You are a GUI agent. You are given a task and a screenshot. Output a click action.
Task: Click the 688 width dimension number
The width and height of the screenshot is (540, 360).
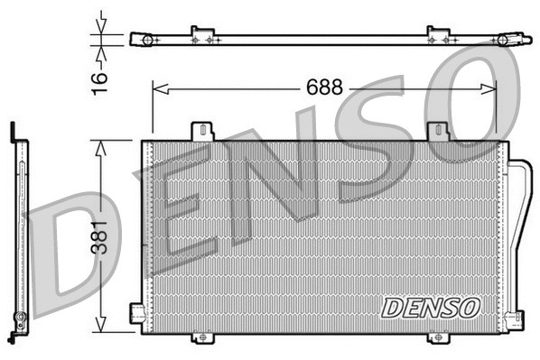[324, 88]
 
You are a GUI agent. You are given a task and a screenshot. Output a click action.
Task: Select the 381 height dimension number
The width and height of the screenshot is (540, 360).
[101, 237]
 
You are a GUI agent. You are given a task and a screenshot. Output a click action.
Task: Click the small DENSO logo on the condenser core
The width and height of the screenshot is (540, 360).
[429, 307]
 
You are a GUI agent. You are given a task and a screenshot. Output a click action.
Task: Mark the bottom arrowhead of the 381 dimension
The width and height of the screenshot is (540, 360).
[101, 329]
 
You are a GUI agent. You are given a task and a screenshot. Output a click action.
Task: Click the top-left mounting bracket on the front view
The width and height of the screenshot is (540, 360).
[202, 132]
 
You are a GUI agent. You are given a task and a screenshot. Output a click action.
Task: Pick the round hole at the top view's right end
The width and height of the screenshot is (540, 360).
[502, 40]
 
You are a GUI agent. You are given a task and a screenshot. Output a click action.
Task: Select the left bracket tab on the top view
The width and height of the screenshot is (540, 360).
[202, 35]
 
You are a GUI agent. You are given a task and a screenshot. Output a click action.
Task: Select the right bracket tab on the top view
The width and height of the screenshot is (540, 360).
[438, 35]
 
